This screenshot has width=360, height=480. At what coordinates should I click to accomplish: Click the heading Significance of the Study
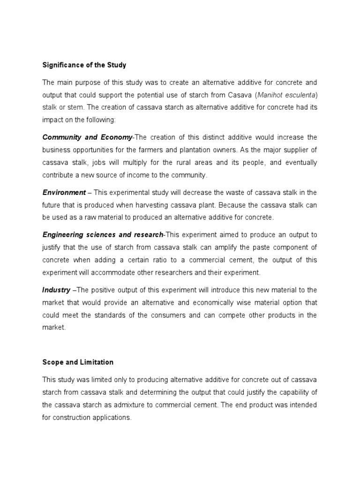point(84,65)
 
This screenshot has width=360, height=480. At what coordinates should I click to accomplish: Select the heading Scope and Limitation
point(78,362)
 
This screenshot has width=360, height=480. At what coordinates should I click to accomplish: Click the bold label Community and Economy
point(88,137)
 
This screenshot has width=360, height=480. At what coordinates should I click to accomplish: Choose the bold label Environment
point(64,192)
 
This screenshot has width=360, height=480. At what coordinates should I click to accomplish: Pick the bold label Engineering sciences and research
point(103,234)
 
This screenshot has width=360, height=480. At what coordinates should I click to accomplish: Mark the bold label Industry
point(56,290)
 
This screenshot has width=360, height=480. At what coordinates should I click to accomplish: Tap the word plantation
point(222,150)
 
